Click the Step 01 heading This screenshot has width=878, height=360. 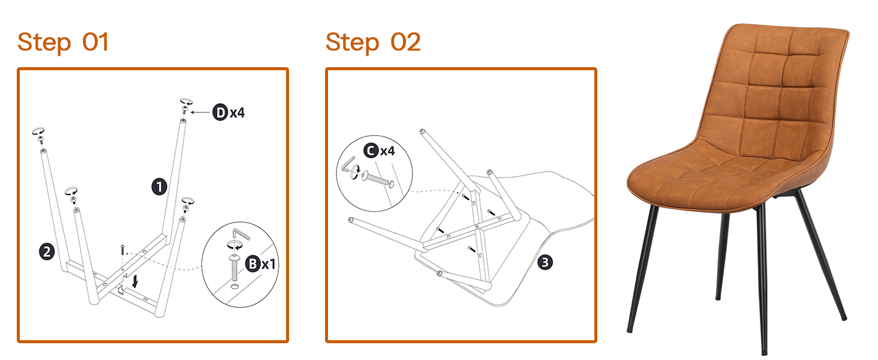pyautogui.click(x=63, y=43)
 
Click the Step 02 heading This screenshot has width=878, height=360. pyautogui.click(x=373, y=43)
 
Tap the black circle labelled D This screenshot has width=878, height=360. pyautogui.click(x=220, y=113)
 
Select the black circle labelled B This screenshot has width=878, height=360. pyautogui.click(x=253, y=263)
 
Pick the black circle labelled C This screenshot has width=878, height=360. pyautogui.click(x=371, y=151)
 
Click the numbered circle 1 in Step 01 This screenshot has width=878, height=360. pyautogui.click(x=159, y=187)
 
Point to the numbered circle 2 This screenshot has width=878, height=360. pyautogui.click(x=47, y=252)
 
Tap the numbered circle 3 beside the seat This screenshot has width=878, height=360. pyautogui.click(x=545, y=262)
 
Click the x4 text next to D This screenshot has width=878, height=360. pyautogui.click(x=237, y=113)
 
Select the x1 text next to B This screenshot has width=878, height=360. pyautogui.click(x=269, y=265)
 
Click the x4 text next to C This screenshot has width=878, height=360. pyautogui.click(x=387, y=151)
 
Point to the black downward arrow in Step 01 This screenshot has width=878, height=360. pyautogui.click(x=135, y=281)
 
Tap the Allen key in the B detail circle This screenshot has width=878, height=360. pyautogui.click(x=241, y=234)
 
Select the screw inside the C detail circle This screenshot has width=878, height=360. pyautogui.click(x=377, y=179)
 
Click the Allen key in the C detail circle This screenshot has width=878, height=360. pyautogui.click(x=348, y=164)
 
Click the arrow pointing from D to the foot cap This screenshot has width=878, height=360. pyautogui.click(x=200, y=113)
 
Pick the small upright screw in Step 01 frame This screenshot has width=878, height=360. pyautogui.click(x=123, y=249)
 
